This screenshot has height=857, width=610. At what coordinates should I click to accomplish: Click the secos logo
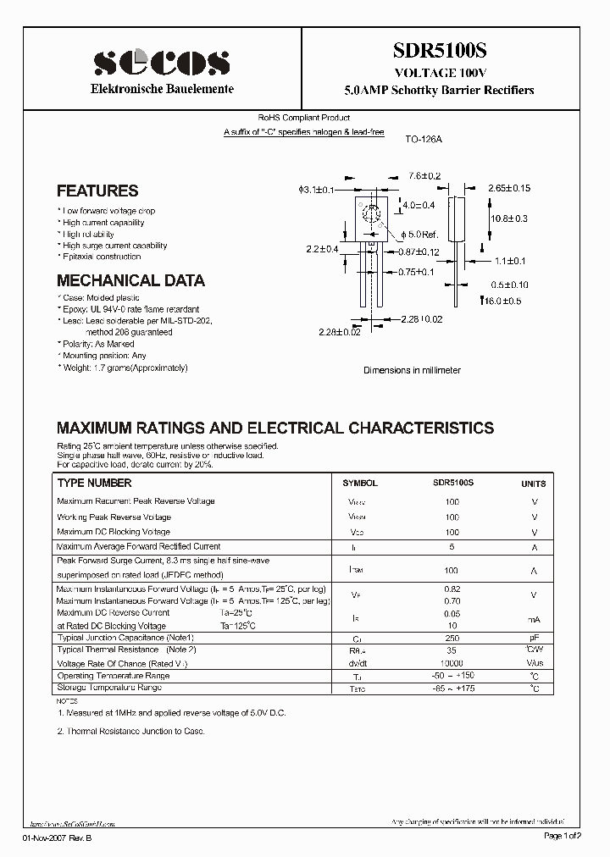pos(160,62)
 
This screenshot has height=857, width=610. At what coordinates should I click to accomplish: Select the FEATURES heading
pos(97,191)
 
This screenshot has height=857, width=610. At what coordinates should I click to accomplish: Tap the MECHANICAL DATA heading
pos(130,280)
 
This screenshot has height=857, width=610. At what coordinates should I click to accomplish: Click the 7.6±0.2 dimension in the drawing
pos(425,176)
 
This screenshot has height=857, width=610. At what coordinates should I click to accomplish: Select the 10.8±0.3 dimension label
pos(509,218)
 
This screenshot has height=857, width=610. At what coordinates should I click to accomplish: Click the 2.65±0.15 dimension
pos(509,188)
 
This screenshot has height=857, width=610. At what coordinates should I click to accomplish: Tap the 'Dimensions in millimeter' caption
pos(412,370)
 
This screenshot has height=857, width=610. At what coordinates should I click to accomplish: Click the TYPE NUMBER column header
pos(94,484)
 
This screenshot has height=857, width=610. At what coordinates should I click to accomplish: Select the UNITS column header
pos(534,484)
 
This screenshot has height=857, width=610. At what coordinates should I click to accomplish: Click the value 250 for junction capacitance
pos(452,637)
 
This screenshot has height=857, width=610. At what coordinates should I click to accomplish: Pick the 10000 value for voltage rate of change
pos(452,663)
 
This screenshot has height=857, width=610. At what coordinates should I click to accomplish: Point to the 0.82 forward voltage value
pos(452,588)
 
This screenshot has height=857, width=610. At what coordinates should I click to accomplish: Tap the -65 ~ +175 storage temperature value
pos(452,689)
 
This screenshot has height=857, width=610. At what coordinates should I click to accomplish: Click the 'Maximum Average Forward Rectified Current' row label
pos(138,547)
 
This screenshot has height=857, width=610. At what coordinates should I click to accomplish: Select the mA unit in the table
pos(534,619)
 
